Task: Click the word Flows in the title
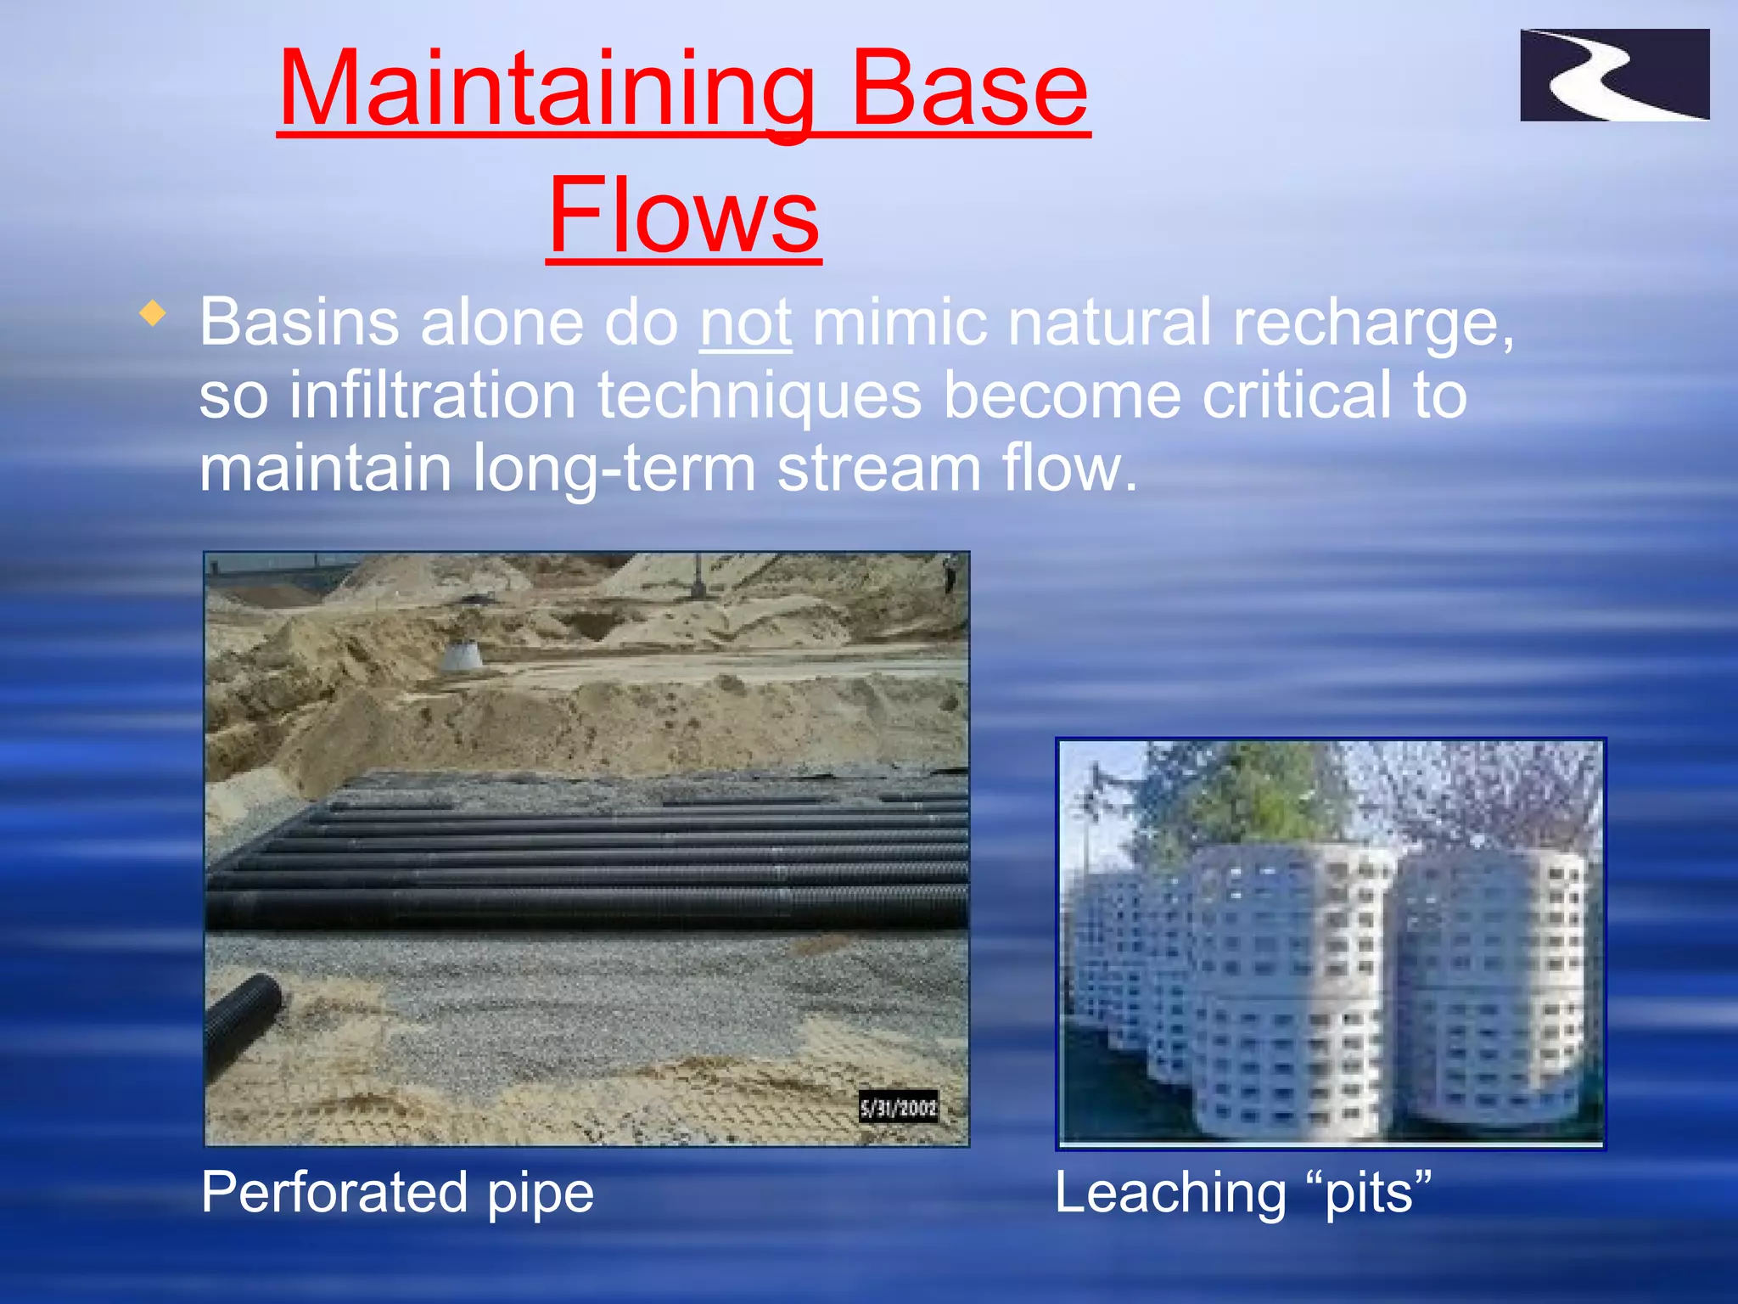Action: coord(684,216)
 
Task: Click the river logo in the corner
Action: coord(1614,75)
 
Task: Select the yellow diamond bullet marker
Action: coord(153,313)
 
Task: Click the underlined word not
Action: coord(745,323)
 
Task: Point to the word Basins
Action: coord(299,323)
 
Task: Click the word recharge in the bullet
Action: coord(1371,323)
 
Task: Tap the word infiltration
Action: coord(433,396)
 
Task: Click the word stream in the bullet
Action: coord(878,469)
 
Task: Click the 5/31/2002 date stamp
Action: coord(898,1108)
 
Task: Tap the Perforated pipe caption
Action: coord(397,1192)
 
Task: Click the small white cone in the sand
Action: coord(463,655)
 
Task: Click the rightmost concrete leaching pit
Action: coord(1494,985)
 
